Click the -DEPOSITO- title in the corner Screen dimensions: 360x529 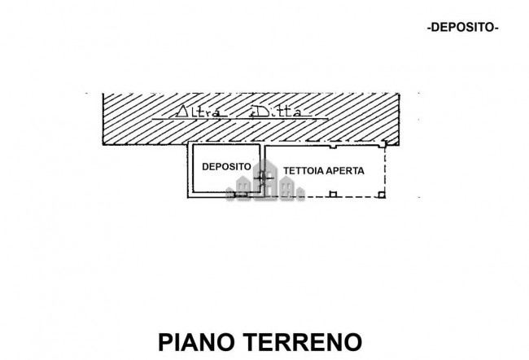[x=462, y=27]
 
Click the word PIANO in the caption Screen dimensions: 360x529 [x=197, y=340]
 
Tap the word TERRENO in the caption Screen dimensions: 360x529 [x=303, y=340]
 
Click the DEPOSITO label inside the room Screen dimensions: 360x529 [x=226, y=166]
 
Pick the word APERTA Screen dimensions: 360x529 [x=345, y=172]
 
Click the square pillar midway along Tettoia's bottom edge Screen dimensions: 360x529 [x=332, y=194]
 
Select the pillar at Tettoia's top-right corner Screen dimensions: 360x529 [x=383, y=143]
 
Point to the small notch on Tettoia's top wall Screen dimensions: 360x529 [x=332, y=147]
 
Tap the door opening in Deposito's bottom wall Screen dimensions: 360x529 [x=241, y=194]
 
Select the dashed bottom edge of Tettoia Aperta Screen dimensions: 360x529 [x=358, y=196]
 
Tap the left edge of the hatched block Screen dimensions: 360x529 [x=103, y=114]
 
